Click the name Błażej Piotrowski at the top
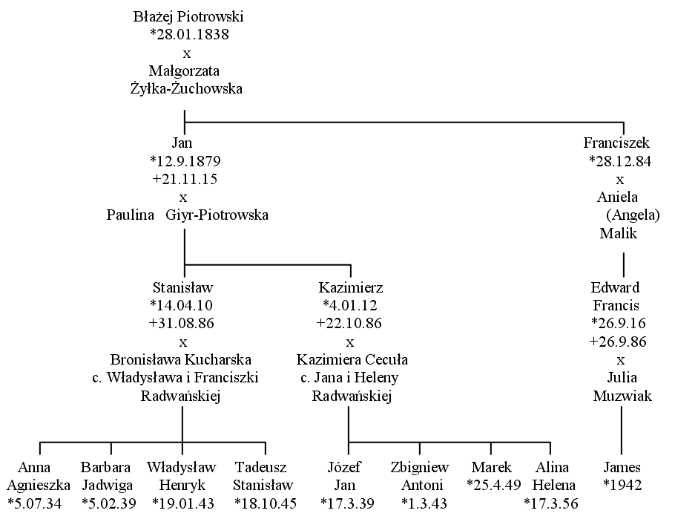tap(188, 17)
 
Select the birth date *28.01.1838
tap(189, 34)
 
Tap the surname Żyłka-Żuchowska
tap(186, 89)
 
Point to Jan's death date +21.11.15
tap(185, 179)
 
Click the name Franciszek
tap(616, 143)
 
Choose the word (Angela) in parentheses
tap(633, 215)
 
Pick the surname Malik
tap(618, 234)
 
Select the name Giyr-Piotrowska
tap(217, 215)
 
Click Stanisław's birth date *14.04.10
tap(181, 305)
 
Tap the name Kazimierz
tap(351, 287)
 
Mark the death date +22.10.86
tap(349, 323)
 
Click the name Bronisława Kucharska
tap(181, 359)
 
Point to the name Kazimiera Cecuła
tap(352, 359)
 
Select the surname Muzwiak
tap(622, 396)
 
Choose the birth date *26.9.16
tap(619, 323)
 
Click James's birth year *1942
tap(622, 486)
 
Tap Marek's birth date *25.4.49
tap(494, 486)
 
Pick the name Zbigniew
tap(420, 468)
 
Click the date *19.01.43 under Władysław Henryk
tap(183, 503)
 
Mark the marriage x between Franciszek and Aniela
tap(620, 180)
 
